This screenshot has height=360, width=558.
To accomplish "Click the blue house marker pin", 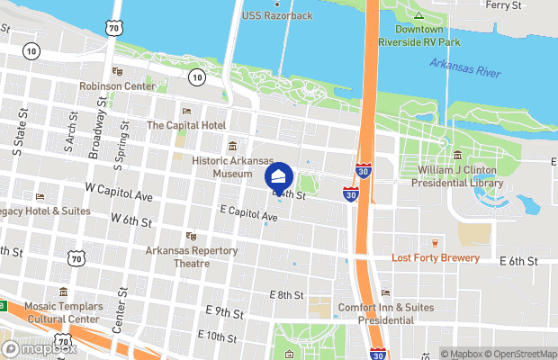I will click(280, 175).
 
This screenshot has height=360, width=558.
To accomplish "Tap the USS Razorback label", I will click(278, 16).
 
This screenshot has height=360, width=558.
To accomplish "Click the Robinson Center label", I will click(116, 86).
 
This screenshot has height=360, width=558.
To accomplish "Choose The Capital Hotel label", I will click(186, 125).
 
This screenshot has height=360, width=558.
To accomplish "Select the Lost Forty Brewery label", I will click(435, 257).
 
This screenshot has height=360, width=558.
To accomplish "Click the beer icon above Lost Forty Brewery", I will click(435, 243).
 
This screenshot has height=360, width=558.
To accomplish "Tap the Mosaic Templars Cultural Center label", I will click(62, 312).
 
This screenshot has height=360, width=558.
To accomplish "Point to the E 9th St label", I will click(224, 312).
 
